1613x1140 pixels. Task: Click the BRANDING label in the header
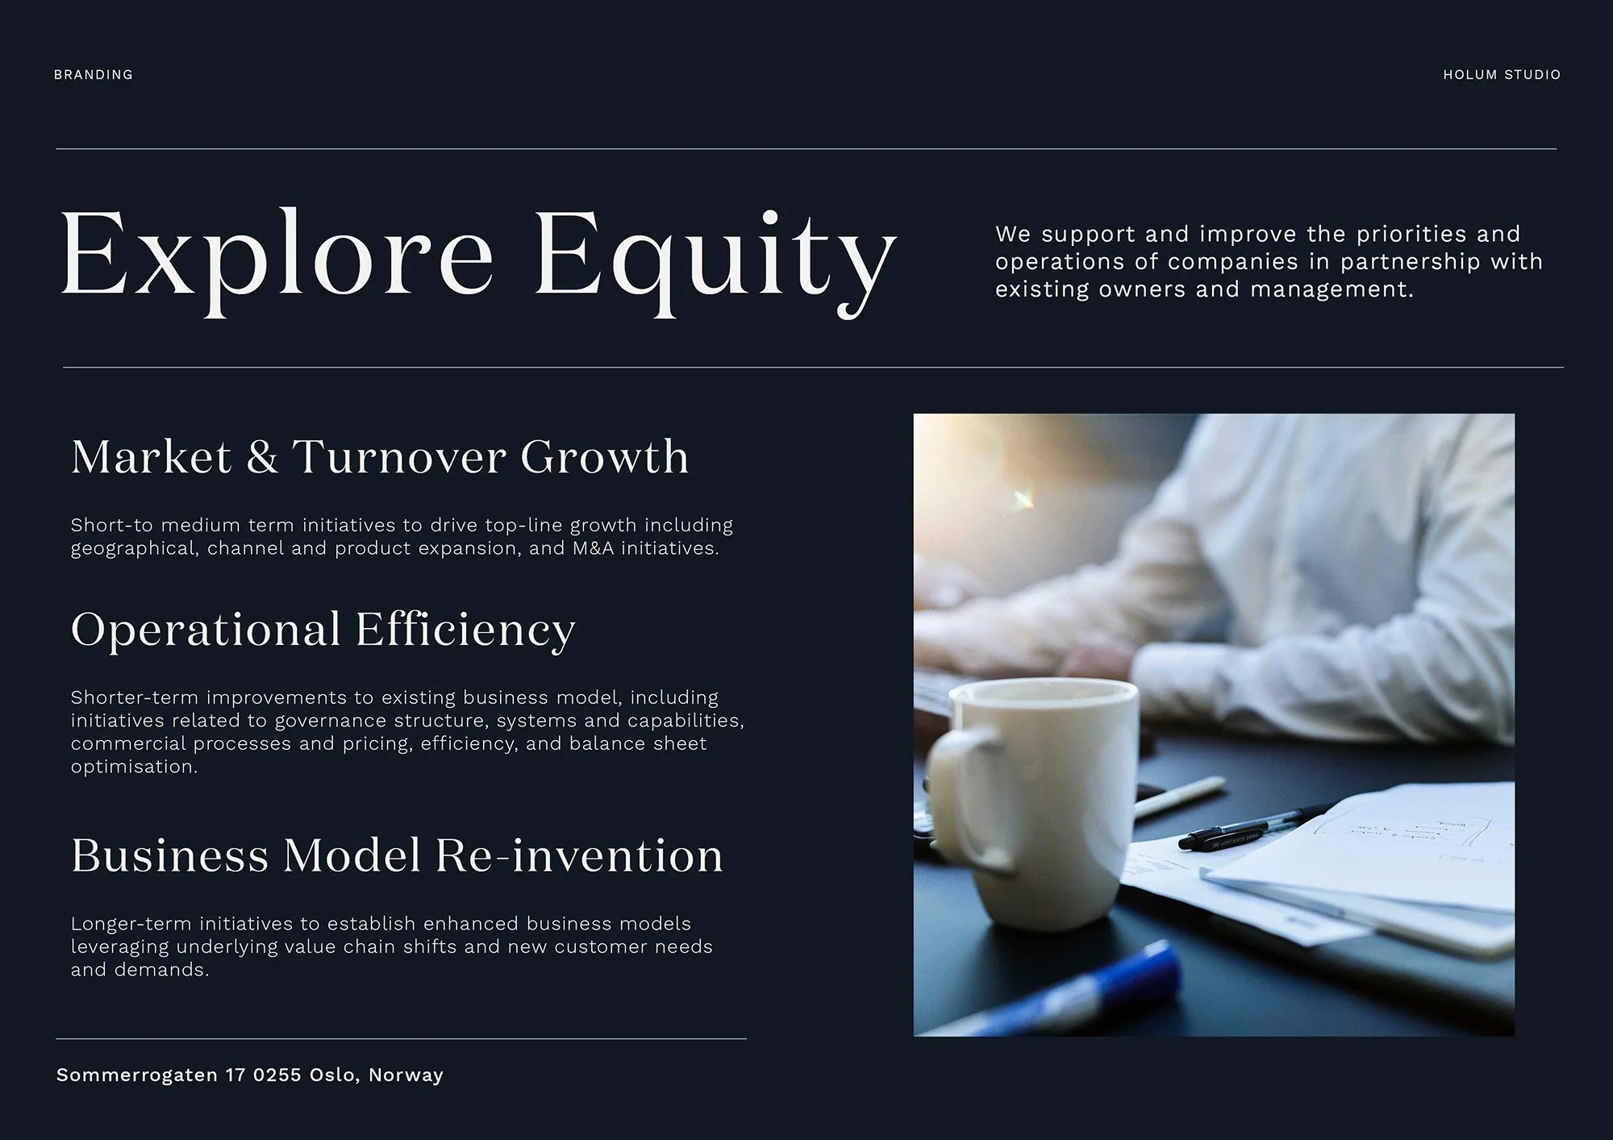pyautogui.click(x=93, y=75)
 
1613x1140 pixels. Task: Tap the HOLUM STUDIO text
pyautogui.click(x=1502, y=75)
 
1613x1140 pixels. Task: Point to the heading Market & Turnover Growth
pyautogui.click(x=380, y=457)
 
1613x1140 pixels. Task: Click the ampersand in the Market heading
pyautogui.click(x=262, y=457)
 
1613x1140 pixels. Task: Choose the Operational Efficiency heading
pyautogui.click(x=323, y=630)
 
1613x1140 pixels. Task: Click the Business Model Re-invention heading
pyautogui.click(x=397, y=855)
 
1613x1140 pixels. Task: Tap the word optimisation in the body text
pyautogui.click(x=134, y=767)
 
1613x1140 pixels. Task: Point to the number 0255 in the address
pyautogui.click(x=277, y=1076)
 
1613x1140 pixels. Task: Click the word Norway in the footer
pyautogui.click(x=406, y=1076)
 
